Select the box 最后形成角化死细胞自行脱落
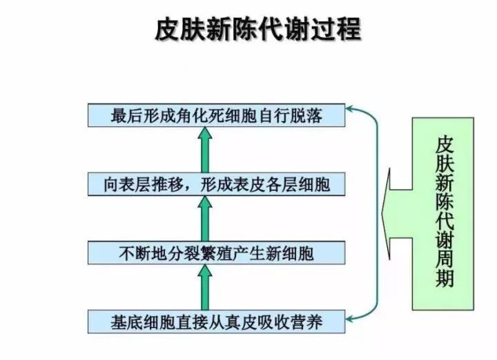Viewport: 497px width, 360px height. click(217, 114)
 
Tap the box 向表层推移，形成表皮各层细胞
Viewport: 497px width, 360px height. click(217, 184)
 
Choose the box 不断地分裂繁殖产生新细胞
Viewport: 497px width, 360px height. click(217, 253)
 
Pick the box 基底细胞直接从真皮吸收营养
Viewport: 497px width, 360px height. click(217, 321)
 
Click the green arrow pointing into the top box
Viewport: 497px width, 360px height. click(204, 148)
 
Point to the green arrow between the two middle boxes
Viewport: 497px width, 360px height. click(204, 218)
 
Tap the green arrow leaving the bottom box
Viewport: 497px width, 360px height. click(204, 286)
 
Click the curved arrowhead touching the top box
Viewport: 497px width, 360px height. click(351, 110)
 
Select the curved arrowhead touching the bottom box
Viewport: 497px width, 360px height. click(351, 319)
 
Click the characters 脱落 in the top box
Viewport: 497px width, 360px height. click(309, 115)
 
